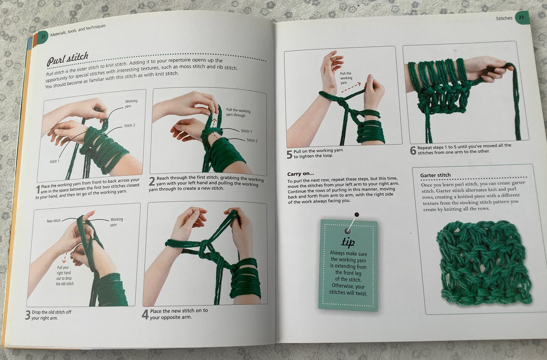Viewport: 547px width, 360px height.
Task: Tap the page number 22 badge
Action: coord(43,37)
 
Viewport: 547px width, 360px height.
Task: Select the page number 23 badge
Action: coord(521,17)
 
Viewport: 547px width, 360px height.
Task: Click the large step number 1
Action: coord(38,190)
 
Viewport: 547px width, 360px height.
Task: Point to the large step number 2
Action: coord(152,182)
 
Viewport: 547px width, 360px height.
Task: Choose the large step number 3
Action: coord(28,315)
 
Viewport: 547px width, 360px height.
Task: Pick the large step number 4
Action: coord(145,314)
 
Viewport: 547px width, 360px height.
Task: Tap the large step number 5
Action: coord(289,154)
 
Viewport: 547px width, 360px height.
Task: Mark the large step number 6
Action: coord(413,150)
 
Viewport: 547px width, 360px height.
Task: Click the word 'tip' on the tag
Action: coord(348,242)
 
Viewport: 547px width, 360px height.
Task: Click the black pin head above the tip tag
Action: coord(357,215)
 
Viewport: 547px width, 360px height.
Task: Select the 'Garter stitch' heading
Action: coord(435,175)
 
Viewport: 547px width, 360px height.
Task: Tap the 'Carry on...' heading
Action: coord(301,174)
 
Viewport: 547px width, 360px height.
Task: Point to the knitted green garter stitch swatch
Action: coord(484,263)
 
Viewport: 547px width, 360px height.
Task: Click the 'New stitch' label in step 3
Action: coord(53,221)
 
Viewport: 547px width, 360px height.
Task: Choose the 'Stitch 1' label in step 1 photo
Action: coord(54,161)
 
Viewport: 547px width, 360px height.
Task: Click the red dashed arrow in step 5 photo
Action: coord(351,88)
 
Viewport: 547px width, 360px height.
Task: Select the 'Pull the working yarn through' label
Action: coord(238,113)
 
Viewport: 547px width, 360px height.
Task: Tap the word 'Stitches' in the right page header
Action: coord(504,18)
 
